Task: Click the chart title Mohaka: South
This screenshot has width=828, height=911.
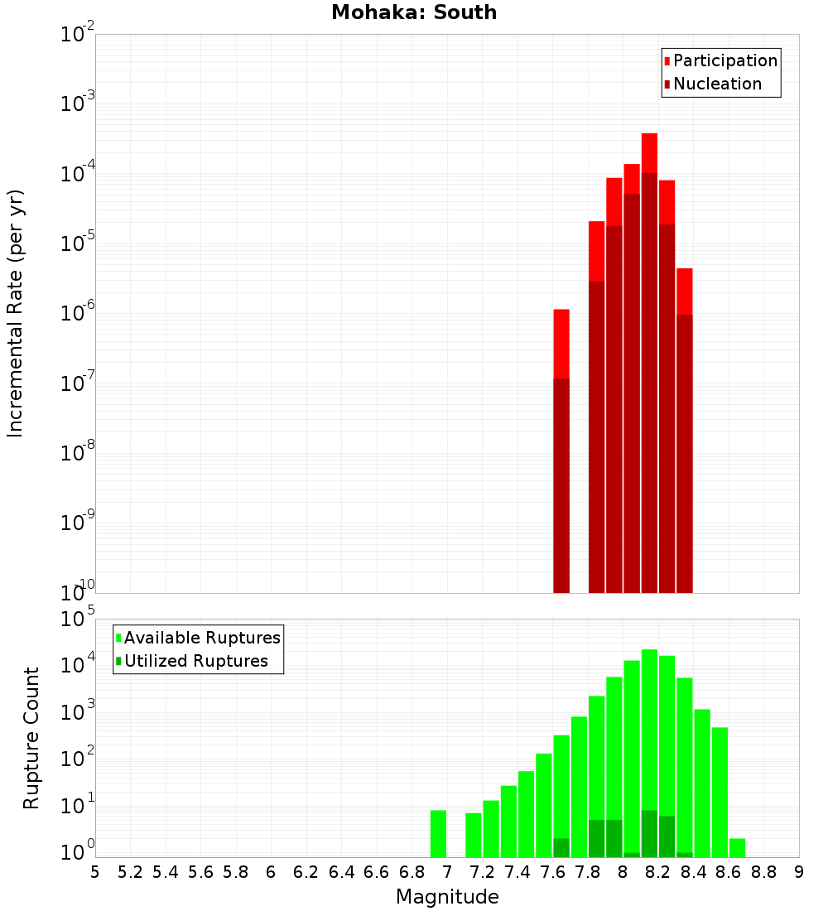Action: click(x=414, y=13)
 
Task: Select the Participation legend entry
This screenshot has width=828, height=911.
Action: click(x=725, y=60)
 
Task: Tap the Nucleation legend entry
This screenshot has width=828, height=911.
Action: click(x=717, y=84)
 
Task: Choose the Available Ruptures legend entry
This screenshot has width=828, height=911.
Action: click(x=202, y=638)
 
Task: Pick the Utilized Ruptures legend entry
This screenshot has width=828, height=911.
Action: click(x=195, y=661)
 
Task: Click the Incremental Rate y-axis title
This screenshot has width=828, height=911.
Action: click(x=16, y=313)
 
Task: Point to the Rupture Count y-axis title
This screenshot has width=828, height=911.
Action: click(x=31, y=738)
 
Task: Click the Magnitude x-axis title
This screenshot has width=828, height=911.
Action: click(x=447, y=897)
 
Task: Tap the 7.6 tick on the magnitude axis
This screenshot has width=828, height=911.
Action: click(x=553, y=872)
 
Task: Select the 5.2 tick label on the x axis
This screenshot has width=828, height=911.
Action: click(x=131, y=872)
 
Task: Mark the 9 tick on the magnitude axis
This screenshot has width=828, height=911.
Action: click(x=798, y=872)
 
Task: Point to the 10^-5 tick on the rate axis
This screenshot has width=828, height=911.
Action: click(x=75, y=243)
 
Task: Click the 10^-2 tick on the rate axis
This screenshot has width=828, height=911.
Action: click(x=75, y=35)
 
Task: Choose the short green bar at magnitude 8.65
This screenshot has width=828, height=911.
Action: click(x=737, y=848)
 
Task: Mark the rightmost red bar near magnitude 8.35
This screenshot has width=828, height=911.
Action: click(x=684, y=431)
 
